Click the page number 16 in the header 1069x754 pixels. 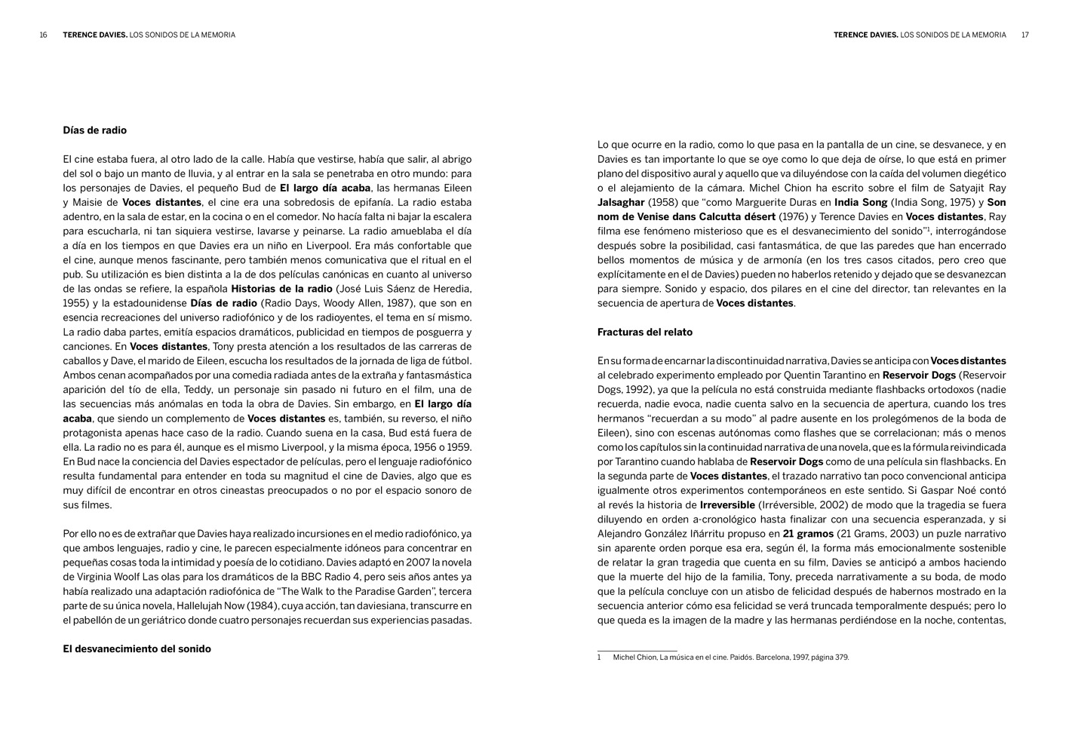[x=44, y=35]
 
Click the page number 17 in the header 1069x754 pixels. [x=1025, y=35]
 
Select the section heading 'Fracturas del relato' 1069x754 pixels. [x=644, y=333]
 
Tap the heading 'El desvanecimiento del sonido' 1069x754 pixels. [x=137, y=649]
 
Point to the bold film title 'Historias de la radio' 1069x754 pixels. [x=281, y=289]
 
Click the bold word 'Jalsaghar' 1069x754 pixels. [x=621, y=203]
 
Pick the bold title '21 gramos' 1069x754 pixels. [x=808, y=534]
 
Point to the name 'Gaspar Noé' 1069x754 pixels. [x=956, y=491]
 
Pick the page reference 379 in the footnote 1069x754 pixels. [x=841, y=657]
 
